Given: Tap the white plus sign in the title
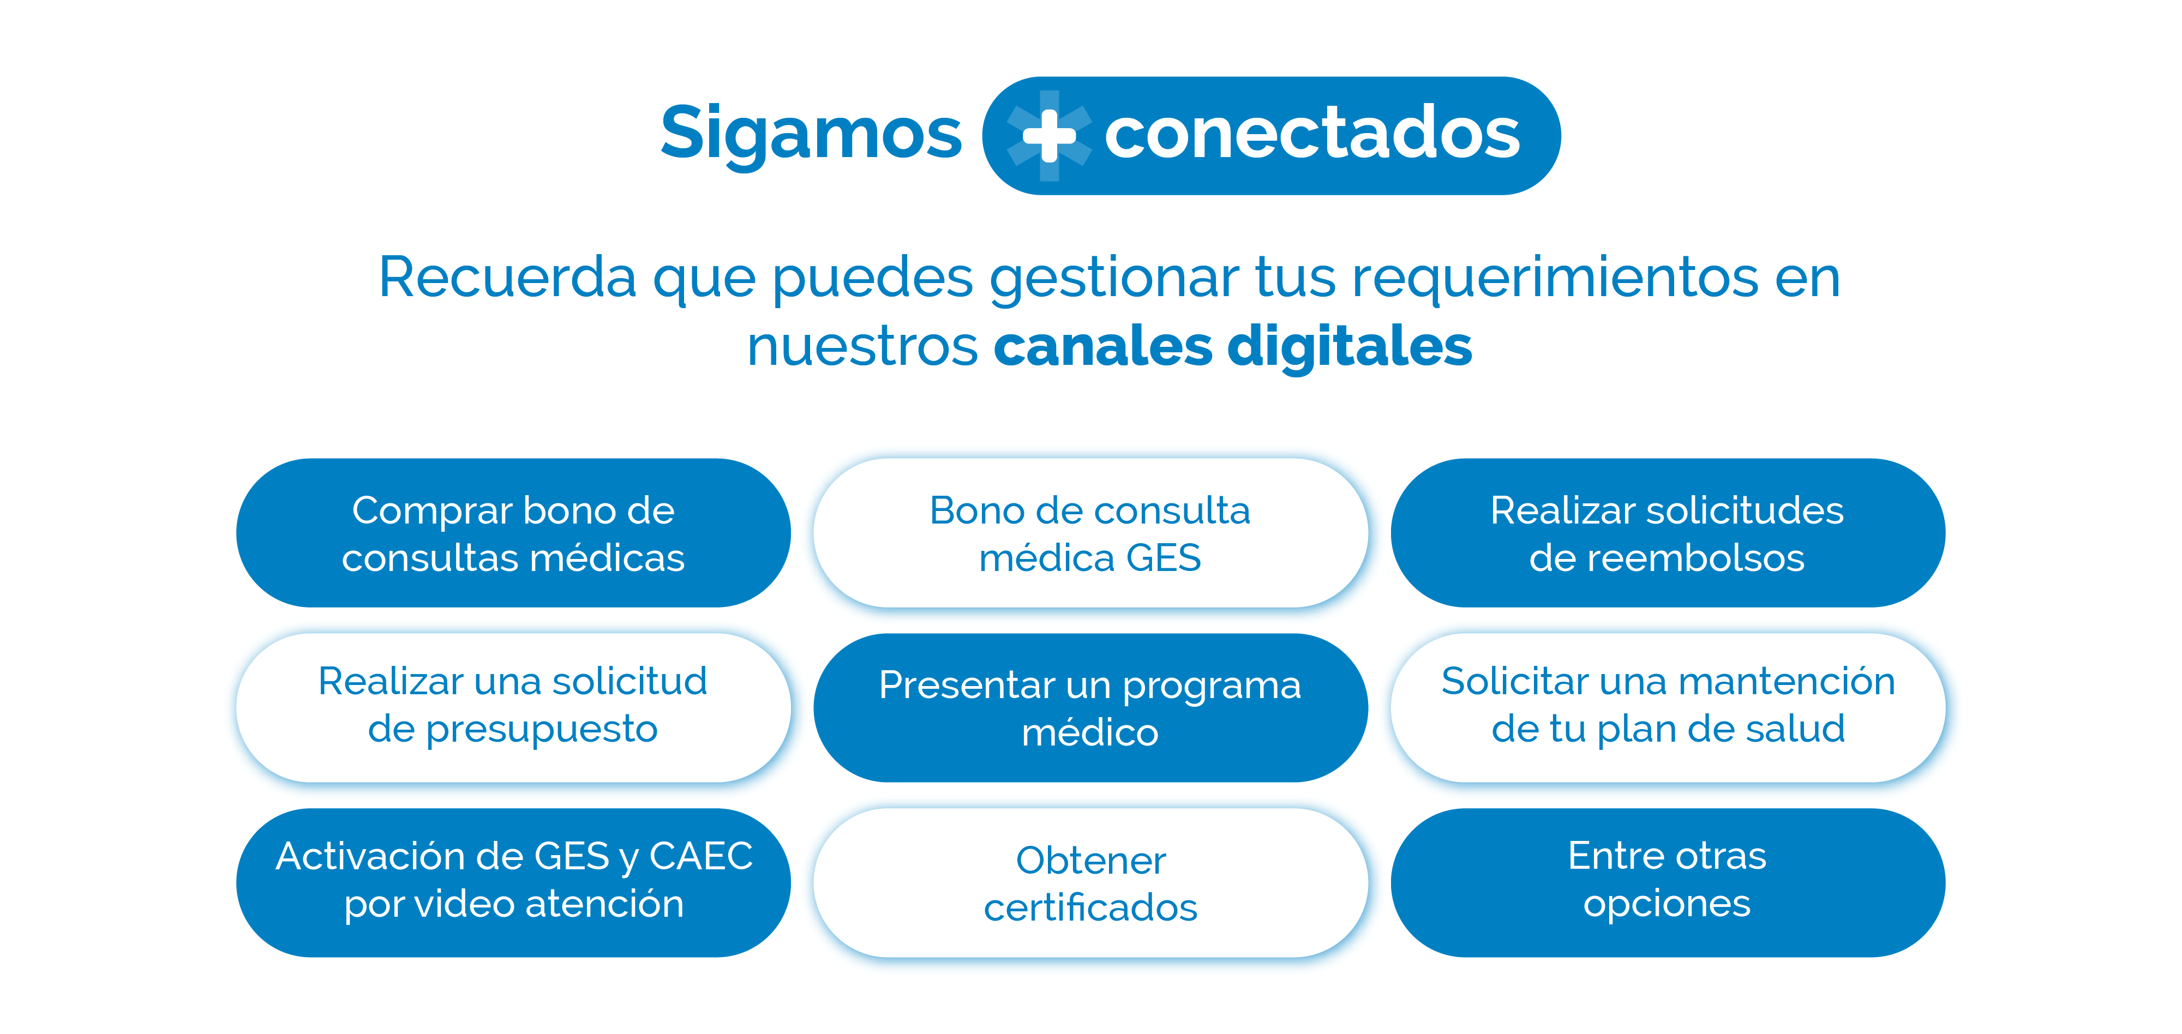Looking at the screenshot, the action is (x=1050, y=135).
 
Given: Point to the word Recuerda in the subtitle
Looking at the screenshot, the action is (x=507, y=277).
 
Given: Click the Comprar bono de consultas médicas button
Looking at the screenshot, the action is (x=513, y=533).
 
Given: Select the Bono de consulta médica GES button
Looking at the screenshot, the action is (x=1090, y=533).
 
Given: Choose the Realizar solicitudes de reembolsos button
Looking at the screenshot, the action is (x=1668, y=533).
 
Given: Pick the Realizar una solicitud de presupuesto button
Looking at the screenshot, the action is (x=513, y=707).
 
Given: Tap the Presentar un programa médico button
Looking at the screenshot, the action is (x=1090, y=707).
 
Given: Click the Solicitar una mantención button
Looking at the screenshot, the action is (x=1668, y=707).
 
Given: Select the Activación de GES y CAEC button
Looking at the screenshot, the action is (x=513, y=882).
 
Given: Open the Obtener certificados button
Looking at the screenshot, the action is (x=1090, y=882).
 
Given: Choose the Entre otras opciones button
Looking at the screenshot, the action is (x=1668, y=882).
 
